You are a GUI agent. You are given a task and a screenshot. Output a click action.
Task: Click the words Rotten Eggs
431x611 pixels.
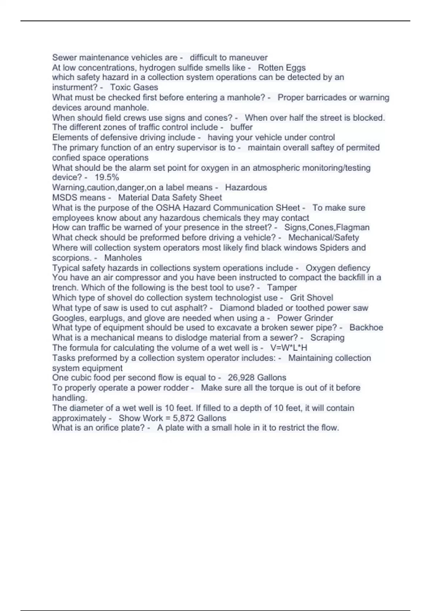click(x=282, y=68)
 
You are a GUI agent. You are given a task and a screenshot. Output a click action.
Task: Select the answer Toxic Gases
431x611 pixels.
click(x=134, y=87)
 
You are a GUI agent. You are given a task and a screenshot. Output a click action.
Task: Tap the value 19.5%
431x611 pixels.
click(x=107, y=177)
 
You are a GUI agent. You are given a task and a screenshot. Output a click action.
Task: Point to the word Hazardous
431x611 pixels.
click(x=246, y=187)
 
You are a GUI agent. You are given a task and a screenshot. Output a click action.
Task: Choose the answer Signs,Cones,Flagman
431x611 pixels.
click(x=327, y=228)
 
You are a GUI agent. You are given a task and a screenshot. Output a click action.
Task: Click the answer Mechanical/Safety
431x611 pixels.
click(x=323, y=238)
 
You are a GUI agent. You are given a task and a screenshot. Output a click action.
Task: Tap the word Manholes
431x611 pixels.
click(x=123, y=258)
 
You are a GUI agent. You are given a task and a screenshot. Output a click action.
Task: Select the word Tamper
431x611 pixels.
click(x=282, y=288)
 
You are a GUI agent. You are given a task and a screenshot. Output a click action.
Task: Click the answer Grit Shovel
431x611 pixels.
click(x=311, y=298)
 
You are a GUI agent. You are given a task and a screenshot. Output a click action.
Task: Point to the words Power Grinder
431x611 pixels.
click(x=305, y=318)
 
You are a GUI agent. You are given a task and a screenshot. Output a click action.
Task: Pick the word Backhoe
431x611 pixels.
click(x=366, y=327)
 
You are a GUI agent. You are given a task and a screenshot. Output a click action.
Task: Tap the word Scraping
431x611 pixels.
click(x=327, y=337)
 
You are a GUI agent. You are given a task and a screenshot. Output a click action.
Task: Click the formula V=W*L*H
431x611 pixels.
click(x=288, y=348)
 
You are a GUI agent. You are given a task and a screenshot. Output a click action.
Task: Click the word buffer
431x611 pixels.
click(x=241, y=127)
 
